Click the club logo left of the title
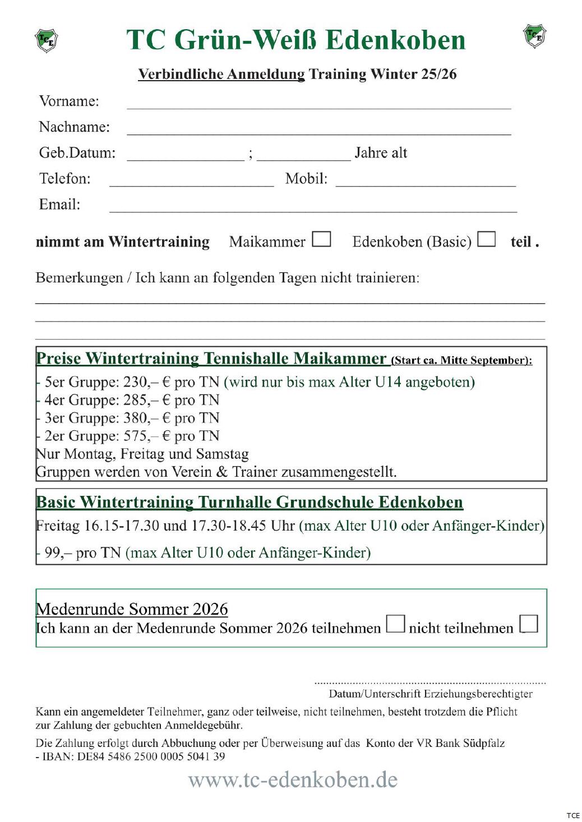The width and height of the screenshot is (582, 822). click(47, 40)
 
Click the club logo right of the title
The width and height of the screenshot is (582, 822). click(534, 36)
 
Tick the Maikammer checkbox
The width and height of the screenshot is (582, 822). click(321, 239)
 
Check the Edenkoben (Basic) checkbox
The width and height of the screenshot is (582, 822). click(486, 239)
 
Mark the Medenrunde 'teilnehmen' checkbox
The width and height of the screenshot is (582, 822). click(395, 624)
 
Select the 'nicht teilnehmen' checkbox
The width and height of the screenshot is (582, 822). click(528, 624)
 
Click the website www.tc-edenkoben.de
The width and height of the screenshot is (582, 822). click(293, 779)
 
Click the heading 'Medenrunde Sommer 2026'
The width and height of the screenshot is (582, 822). click(132, 609)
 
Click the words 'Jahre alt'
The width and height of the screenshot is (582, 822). click(381, 153)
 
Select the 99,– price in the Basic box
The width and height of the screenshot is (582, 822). click(58, 553)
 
